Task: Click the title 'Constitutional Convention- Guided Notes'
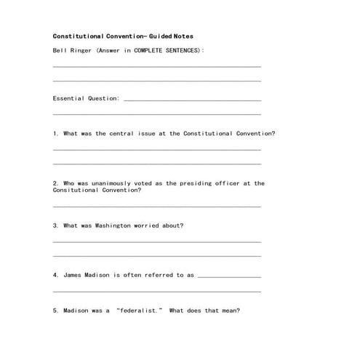click(123, 36)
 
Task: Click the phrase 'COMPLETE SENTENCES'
click(168, 50)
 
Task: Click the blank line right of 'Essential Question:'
click(192, 100)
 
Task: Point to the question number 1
click(55, 134)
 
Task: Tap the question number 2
click(55, 183)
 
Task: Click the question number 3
click(55, 225)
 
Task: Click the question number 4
click(55, 275)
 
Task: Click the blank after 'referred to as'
click(228, 276)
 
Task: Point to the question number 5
click(55, 311)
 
